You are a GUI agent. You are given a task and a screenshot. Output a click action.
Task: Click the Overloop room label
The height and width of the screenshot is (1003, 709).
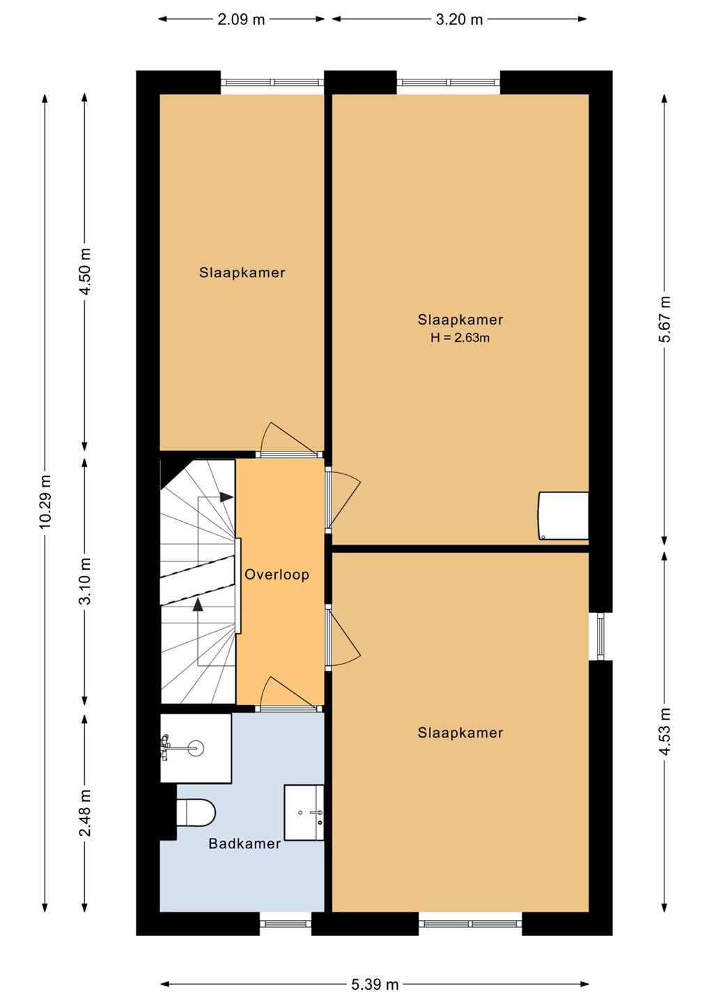pyautogui.click(x=276, y=575)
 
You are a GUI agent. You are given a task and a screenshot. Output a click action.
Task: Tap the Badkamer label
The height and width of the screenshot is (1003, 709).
pyautogui.click(x=244, y=843)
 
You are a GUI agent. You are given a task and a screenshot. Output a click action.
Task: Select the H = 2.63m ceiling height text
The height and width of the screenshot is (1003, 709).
pyautogui.click(x=460, y=338)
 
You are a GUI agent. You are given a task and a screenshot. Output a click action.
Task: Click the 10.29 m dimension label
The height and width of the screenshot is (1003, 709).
pyautogui.click(x=45, y=501)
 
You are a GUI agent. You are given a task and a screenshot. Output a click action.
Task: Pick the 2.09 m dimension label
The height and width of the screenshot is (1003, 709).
pyautogui.click(x=241, y=20)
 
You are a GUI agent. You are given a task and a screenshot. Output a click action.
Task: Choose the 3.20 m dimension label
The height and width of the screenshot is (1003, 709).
pyautogui.click(x=459, y=20)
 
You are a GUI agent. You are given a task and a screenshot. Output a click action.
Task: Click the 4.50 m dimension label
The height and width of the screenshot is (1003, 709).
pyautogui.click(x=85, y=272)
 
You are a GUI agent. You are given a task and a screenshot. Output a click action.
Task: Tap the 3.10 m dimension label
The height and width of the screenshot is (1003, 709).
pyautogui.click(x=85, y=581)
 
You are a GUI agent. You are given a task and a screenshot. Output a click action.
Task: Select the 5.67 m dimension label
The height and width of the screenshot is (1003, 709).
pyautogui.click(x=664, y=319)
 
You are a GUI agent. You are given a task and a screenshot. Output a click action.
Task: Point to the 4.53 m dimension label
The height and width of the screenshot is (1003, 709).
pyautogui.click(x=664, y=731)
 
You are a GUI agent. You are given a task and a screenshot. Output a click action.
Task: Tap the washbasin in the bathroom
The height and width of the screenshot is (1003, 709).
pyautogui.click(x=304, y=812)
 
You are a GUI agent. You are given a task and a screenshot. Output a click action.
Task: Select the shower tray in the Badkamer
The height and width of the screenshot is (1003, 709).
pyautogui.click(x=196, y=748)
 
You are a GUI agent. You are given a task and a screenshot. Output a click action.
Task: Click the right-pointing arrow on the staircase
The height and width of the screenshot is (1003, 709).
pyautogui.click(x=226, y=497)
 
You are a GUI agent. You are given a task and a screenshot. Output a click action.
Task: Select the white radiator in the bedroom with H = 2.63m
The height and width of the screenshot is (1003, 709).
pyautogui.click(x=563, y=515)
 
